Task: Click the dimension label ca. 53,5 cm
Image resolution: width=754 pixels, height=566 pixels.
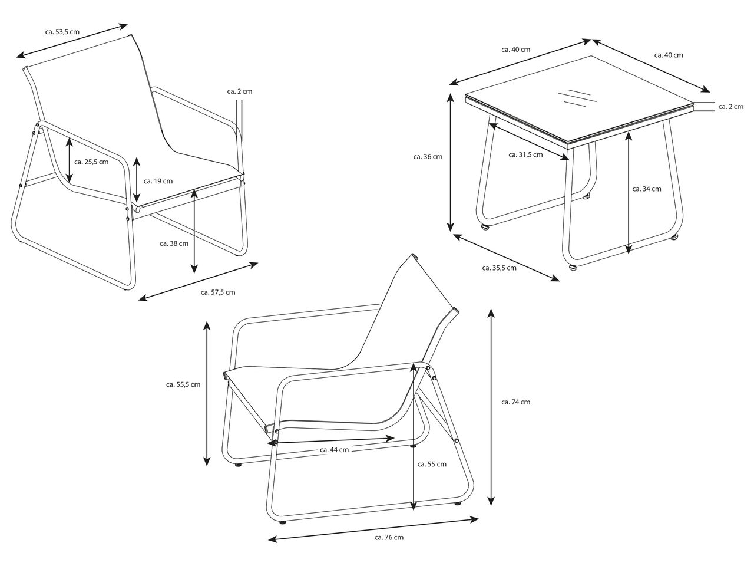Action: point(62,32)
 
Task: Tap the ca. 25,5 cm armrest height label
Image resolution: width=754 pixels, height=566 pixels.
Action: point(91,162)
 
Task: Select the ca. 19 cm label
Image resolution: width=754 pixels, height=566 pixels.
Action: point(158,181)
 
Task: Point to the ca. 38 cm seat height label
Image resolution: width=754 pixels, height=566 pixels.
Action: point(174,243)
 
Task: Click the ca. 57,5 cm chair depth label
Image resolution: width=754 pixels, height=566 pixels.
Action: point(218,292)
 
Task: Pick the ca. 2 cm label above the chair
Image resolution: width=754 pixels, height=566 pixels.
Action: point(240,91)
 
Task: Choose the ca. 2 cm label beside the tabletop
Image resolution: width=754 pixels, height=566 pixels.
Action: point(731,107)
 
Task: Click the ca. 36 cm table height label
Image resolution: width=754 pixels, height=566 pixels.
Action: point(428,157)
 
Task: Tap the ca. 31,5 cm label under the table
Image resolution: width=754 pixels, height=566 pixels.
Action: point(525,155)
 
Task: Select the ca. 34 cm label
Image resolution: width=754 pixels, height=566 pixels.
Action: point(647,189)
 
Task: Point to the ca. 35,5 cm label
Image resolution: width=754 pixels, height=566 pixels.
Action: point(499,268)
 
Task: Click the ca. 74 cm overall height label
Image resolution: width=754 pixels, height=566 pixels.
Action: point(515,402)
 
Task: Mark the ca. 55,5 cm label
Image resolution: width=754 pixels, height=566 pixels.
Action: point(183,384)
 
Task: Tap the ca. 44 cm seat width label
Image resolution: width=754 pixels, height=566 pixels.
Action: point(334,450)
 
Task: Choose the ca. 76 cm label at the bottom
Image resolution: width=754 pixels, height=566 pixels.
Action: point(389,537)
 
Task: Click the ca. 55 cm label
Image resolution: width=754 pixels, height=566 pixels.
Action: point(432,464)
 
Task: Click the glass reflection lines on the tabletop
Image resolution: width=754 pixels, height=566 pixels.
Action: point(577,98)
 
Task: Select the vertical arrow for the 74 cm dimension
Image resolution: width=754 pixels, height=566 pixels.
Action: point(491,407)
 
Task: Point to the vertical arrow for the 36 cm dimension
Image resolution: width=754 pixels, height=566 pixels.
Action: point(451,162)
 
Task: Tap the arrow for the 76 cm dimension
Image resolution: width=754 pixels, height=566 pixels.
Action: point(373,529)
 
